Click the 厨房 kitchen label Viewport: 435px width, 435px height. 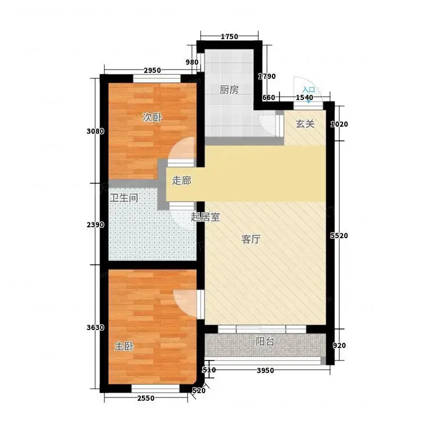click(229, 90)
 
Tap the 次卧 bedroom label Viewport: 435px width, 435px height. click(152, 117)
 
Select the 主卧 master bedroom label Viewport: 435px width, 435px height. click(125, 346)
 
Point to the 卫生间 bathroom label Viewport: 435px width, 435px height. click(124, 198)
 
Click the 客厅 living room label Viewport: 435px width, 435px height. click(251, 239)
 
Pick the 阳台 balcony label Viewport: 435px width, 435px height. click(265, 342)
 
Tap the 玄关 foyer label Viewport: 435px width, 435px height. click(305, 124)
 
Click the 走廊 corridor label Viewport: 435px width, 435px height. click(182, 181)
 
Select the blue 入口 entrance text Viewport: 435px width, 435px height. click(309, 90)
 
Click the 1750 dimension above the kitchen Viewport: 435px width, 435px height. click(229, 36)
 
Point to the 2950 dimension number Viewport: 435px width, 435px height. click(152, 71)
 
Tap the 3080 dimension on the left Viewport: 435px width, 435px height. click(96, 131)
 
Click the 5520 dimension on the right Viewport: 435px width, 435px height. click(339, 236)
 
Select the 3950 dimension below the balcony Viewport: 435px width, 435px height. click(265, 371)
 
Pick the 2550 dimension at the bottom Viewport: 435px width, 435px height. click(146, 399)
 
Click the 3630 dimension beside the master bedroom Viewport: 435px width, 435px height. click(96, 328)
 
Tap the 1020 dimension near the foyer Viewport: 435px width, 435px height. click(339, 125)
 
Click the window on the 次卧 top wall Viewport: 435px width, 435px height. click(157, 79)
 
